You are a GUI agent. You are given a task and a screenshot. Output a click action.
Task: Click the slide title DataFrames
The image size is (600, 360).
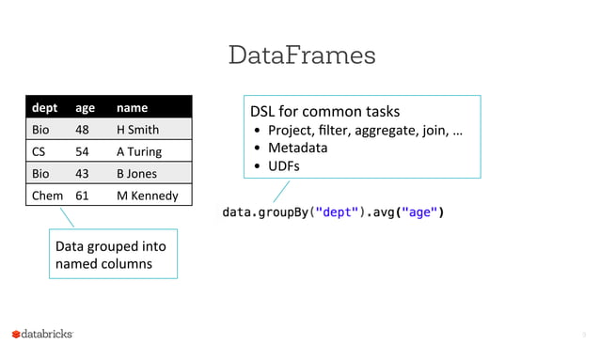301,55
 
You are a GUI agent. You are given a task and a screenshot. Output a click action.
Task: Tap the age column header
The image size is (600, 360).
85,108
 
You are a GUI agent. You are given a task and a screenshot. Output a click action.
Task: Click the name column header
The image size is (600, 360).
132,108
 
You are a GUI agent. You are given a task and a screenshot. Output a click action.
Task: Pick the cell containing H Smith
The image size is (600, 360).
137,130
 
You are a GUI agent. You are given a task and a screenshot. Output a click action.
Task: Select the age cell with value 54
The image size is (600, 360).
83,151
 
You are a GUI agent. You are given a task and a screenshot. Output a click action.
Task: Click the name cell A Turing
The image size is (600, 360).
139,151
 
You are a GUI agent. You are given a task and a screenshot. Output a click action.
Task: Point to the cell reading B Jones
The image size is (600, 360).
137,174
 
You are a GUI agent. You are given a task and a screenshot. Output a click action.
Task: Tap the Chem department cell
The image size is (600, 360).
48,196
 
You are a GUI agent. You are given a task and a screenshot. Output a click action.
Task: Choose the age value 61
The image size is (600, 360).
83,196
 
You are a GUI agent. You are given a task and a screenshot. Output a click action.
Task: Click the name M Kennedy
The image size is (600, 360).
147,196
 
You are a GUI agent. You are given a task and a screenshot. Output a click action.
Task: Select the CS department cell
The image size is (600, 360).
40,151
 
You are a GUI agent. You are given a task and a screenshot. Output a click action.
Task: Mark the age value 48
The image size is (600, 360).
83,130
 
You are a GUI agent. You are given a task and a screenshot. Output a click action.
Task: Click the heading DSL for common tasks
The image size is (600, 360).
324,111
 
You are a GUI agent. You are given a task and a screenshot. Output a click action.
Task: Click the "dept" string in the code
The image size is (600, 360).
337,212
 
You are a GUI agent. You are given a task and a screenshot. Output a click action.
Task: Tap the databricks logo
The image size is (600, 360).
42,334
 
